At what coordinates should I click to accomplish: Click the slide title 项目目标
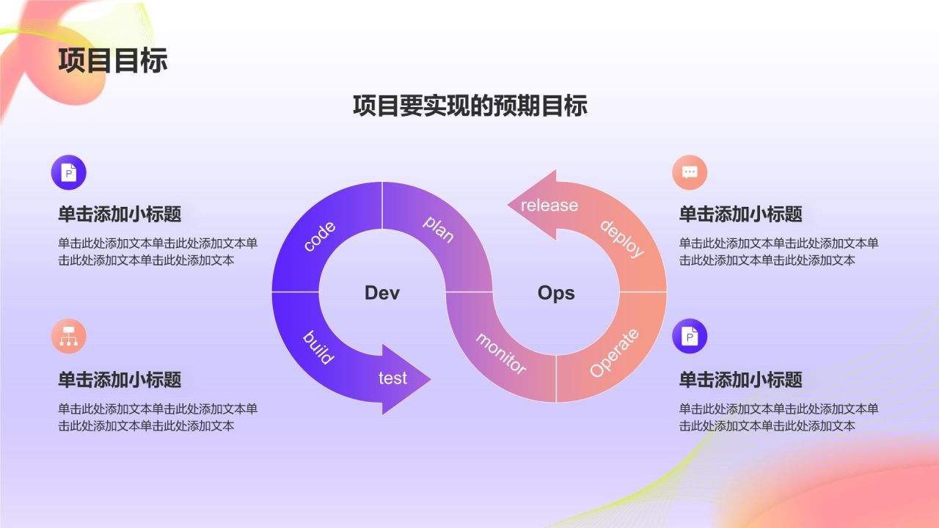click(113, 60)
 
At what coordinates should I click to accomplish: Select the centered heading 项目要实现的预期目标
click(469, 106)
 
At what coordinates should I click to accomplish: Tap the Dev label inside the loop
click(382, 293)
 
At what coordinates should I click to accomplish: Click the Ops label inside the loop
click(556, 293)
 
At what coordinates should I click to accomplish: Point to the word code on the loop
click(319, 236)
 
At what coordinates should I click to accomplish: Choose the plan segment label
click(439, 229)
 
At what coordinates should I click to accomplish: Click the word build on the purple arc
click(318, 348)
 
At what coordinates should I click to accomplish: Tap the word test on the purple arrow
click(392, 378)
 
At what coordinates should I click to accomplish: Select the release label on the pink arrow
click(549, 205)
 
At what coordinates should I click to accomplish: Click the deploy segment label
click(621, 238)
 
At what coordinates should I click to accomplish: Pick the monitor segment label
click(501, 353)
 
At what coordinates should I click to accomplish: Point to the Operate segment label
click(614, 353)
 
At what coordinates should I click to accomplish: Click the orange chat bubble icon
click(690, 172)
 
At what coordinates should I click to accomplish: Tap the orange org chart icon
click(69, 337)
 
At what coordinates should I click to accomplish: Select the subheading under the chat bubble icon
click(740, 214)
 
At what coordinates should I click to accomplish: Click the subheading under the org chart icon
click(120, 380)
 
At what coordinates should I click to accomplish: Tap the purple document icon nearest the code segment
click(69, 173)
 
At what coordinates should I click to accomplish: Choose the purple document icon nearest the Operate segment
click(690, 336)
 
